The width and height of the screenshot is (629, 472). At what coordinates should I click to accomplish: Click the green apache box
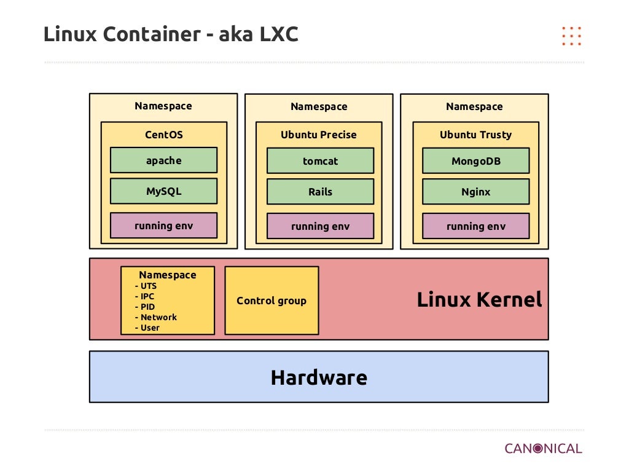163,160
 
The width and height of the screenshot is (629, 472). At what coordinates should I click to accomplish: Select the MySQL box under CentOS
163,191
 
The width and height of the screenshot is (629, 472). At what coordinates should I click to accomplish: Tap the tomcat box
320,161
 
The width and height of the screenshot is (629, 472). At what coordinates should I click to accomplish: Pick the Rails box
320,192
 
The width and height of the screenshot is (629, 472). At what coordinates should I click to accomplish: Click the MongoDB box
475,161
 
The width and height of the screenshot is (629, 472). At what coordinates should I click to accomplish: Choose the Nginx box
475,192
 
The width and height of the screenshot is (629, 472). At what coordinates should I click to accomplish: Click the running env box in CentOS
163,226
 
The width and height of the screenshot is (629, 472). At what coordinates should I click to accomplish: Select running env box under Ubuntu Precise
320,226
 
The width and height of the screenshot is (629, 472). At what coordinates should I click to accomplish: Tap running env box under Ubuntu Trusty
475,226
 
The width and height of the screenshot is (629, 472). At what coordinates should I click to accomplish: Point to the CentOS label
163,135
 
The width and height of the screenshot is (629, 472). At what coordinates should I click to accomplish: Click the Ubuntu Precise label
318,135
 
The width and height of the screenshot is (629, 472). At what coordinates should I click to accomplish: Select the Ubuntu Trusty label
475,135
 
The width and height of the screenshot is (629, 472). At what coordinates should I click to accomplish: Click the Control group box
272,301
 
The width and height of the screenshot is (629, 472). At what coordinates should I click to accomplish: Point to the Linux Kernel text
479,300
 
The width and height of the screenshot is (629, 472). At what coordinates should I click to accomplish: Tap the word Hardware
319,377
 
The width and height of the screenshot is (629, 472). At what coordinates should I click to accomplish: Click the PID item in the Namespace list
147,307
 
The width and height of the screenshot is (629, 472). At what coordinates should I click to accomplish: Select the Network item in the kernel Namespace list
158,317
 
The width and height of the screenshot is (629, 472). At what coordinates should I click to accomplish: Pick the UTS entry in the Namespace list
148,286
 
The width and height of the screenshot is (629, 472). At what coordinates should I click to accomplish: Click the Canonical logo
543,448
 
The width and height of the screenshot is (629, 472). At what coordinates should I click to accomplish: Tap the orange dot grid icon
571,36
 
